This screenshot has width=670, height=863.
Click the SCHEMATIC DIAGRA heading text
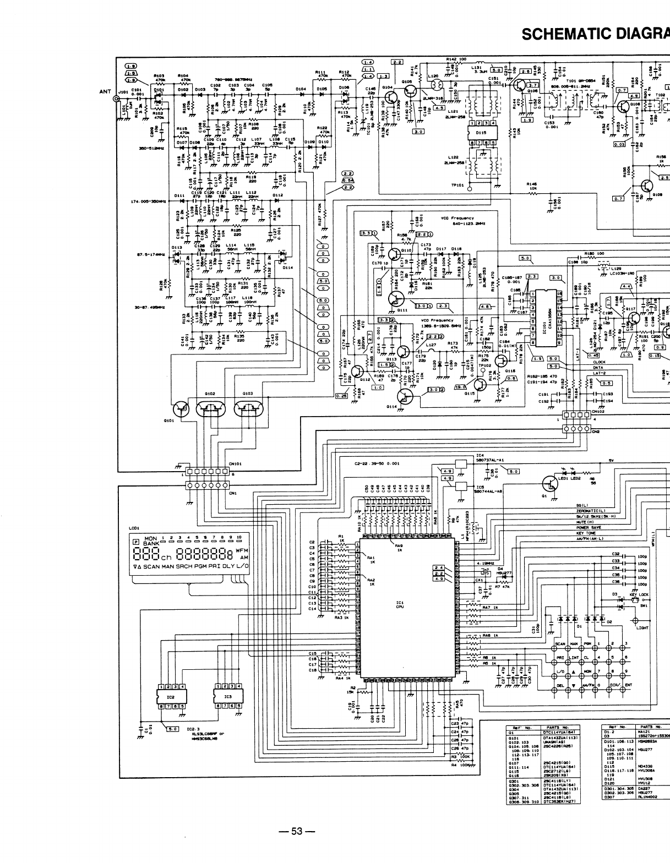point(595,35)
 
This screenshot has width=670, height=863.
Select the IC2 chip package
point(171,696)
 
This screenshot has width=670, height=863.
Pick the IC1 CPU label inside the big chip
point(400,605)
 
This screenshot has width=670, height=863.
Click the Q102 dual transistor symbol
point(211,409)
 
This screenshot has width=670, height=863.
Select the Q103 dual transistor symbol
point(249,409)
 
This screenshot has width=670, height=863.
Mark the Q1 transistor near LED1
point(549,484)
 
